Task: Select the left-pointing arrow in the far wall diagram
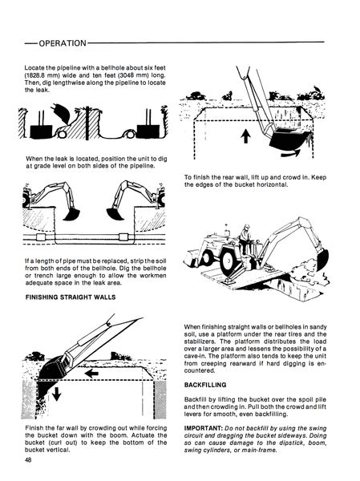[x=95, y=374]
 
